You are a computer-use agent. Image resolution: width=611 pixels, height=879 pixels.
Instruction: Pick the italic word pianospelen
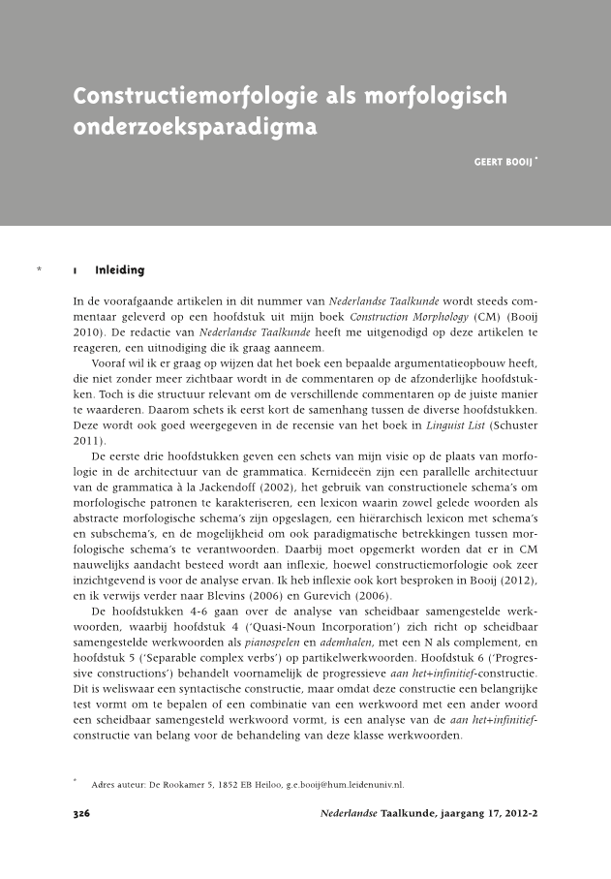pos(255,641)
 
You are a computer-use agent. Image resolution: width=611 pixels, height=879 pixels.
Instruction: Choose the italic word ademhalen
pos(327,641)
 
